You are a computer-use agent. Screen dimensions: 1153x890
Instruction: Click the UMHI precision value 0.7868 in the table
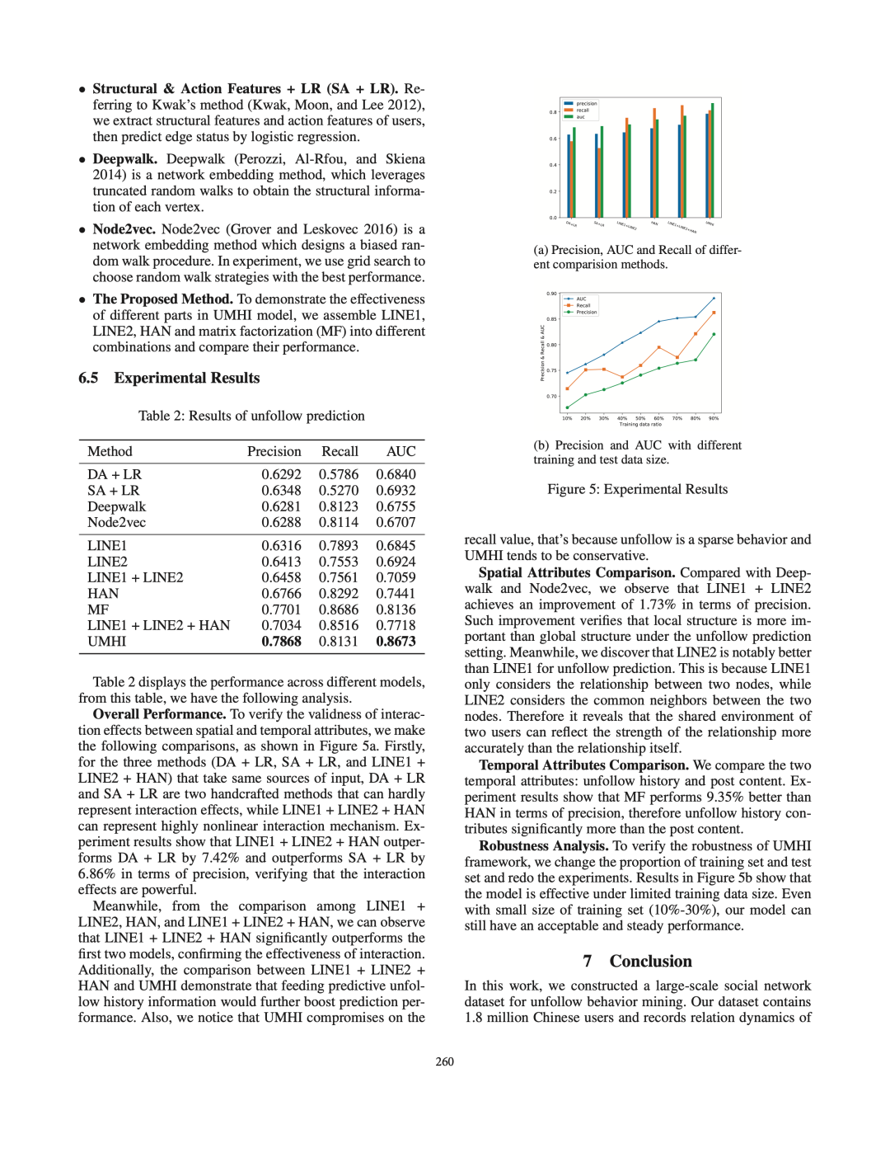281,642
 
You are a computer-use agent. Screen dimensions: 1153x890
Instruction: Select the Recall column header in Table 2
340,452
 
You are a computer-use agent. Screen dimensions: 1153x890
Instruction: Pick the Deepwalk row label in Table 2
116,506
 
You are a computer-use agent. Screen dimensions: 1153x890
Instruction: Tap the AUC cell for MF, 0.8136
396,609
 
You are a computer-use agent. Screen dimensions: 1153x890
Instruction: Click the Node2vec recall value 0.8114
338,522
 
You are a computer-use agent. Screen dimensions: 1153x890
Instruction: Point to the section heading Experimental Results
186,379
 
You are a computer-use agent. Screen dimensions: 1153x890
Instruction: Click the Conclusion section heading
650,962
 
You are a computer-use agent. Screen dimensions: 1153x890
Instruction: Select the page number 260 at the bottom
445,1062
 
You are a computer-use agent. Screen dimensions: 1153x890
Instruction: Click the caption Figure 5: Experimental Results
637,490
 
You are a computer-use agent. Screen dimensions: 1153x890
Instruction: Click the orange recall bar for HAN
654,162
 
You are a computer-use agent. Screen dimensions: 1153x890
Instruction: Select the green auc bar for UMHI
713,160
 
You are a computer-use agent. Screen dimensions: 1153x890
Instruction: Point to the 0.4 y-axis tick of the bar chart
553,165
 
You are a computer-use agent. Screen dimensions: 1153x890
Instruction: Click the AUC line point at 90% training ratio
714,298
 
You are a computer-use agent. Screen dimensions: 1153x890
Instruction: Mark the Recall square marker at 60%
659,347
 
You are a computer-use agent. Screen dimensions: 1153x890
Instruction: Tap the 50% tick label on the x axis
640,418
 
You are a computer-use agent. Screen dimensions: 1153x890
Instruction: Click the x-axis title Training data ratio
640,425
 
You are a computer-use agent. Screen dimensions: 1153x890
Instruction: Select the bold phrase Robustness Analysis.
543,846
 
